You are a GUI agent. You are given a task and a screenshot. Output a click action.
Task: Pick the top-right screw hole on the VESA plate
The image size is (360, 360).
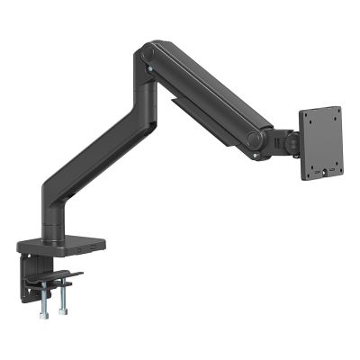pyautogui.click(x=337, y=112)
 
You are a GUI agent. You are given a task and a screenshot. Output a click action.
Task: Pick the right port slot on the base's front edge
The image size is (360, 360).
pyautogui.click(x=89, y=246)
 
